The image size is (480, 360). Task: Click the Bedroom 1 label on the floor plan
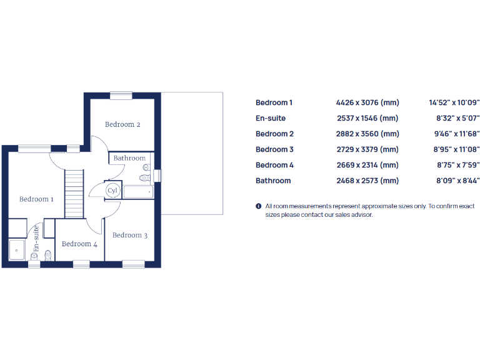(x=36, y=199)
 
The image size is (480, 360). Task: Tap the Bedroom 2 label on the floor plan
(x=122, y=124)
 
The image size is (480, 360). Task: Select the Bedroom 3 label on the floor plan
(x=130, y=235)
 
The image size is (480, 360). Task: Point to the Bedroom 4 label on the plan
(x=79, y=244)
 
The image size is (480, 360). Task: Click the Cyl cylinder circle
(x=112, y=190)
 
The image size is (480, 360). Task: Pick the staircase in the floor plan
(x=74, y=194)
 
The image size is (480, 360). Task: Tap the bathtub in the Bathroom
(x=138, y=191)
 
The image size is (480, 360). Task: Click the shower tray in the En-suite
(x=16, y=249)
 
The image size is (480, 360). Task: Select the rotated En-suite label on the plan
(x=36, y=239)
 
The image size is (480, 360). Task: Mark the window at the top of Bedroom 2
(x=121, y=96)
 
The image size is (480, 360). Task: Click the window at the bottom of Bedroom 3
(x=133, y=264)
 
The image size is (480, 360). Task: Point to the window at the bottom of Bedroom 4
(x=81, y=264)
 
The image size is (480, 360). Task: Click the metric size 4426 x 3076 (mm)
(x=367, y=102)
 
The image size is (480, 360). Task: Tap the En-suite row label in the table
(x=271, y=118)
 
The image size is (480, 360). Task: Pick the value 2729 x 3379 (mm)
(x=367, y=149)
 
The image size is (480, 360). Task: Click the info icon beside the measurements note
(x=258, y=206)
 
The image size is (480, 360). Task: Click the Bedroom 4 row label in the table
(x=274, y=165)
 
